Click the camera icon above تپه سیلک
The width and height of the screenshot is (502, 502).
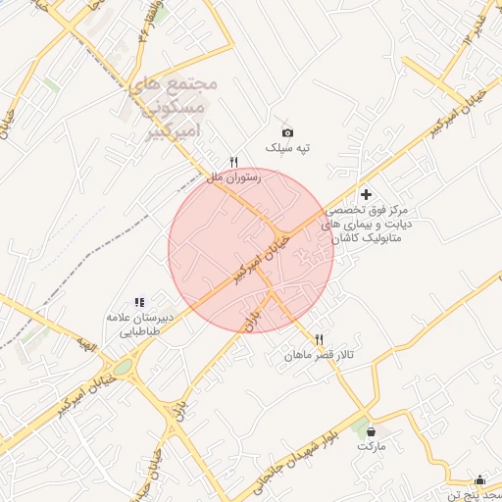pos(287,132)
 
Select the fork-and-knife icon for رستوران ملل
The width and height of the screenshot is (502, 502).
pos(233,162)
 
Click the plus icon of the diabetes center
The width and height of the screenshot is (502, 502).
pos(367,195)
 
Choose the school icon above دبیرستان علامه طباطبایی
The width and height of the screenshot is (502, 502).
pos(139,303)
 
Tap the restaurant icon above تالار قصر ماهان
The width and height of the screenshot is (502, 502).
pos(319,339)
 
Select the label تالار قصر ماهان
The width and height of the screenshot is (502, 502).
pos(320,354)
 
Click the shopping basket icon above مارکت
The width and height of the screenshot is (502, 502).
pos(371,430)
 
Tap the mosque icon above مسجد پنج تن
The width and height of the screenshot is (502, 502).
pos(479,479)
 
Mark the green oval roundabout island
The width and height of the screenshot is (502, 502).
pos(122,368)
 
